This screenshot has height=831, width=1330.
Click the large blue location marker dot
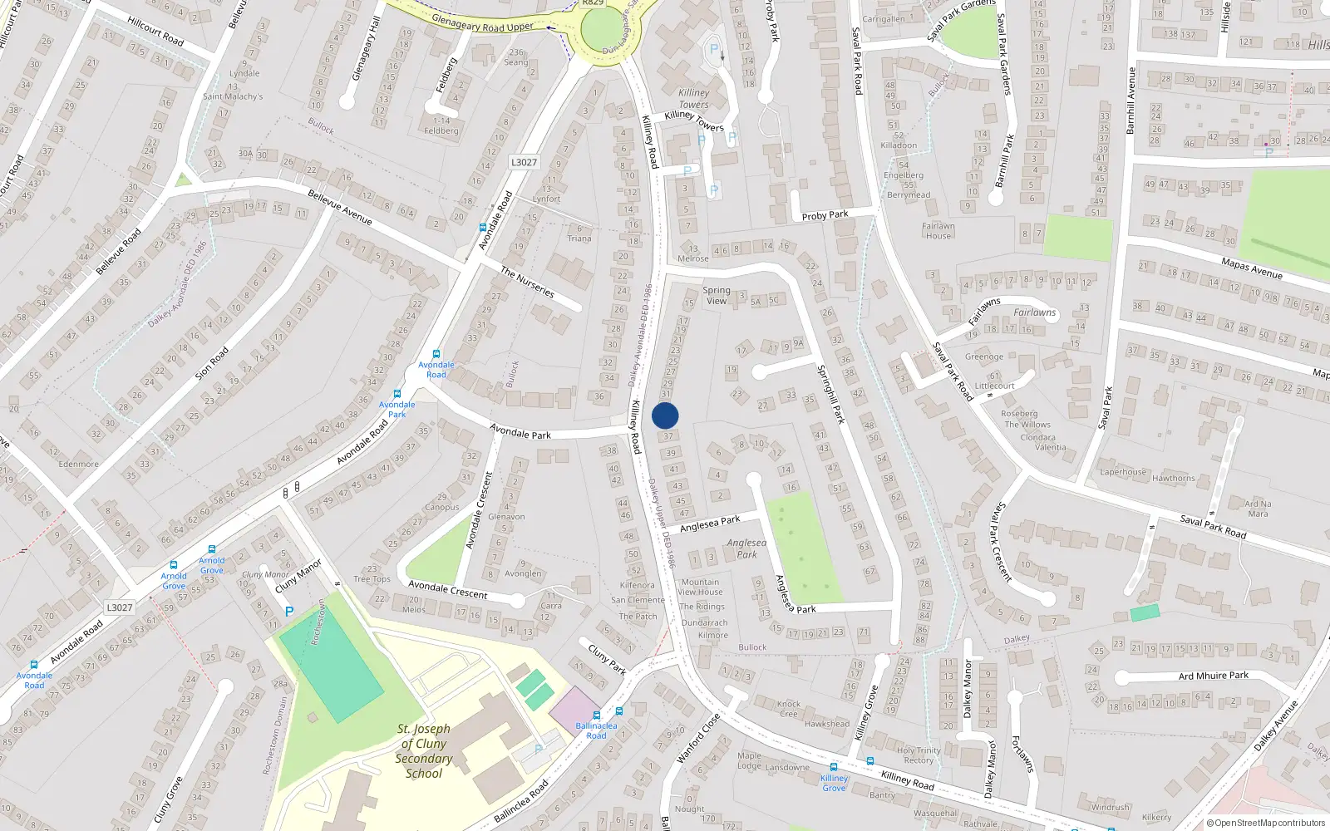tap(665, 415)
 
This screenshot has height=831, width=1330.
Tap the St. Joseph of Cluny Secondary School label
tap(424, 751)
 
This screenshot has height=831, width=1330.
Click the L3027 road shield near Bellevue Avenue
tap(524, 162)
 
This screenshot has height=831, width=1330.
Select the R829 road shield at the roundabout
tap(593, 3)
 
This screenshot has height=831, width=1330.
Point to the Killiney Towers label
tap(694, 99)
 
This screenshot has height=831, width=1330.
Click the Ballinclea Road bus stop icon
tap(597, 715)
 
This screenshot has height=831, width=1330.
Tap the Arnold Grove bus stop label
tap(174, 581)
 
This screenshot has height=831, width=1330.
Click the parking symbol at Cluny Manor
tap(289, 612)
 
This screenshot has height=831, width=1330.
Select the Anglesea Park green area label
tap(746, 548)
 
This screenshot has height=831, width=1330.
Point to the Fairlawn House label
tap(938, 230)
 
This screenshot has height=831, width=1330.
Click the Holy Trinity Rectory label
tap(918, 755)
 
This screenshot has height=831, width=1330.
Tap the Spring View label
tap(717, 296)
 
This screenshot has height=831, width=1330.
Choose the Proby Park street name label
tap(825, 215)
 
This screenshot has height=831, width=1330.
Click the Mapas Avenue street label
tap(1251, 268)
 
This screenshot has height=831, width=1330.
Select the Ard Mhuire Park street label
tap(1213, 676)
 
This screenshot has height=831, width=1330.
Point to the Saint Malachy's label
tap(233, 96)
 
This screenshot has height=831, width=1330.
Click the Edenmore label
tap(78, 464)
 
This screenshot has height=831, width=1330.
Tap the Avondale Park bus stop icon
tap(397, 395)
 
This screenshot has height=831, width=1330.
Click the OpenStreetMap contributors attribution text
tap(1265, 823)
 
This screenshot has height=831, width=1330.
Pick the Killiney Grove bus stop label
tap(834, 783)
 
